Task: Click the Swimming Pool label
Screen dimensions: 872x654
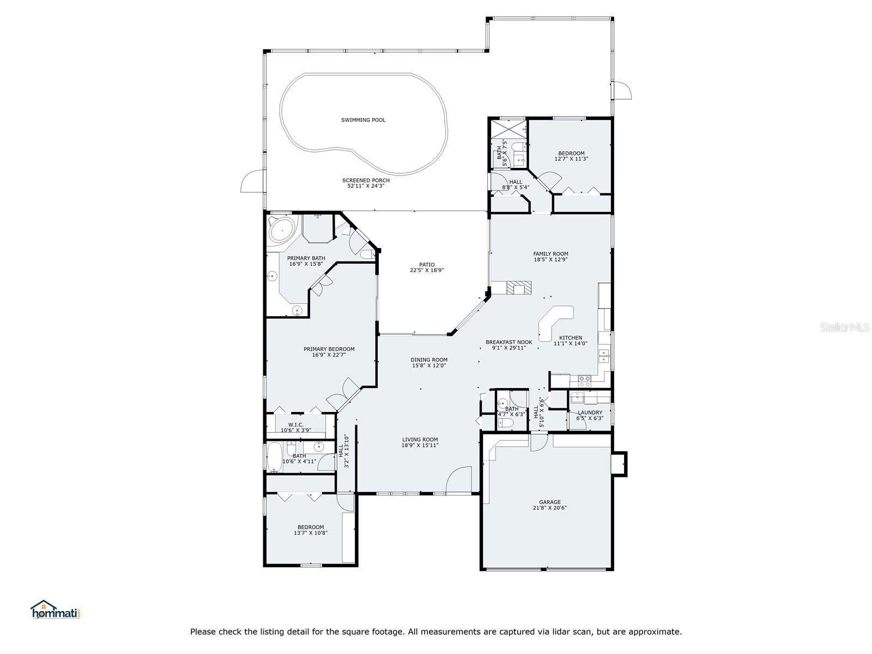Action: point(363,120)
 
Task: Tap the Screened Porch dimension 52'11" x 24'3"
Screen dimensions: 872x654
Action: point(366,186)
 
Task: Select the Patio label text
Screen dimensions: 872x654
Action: point(427,264)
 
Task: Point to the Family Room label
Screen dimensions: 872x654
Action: point(550,254)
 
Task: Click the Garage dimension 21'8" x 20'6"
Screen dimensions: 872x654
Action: point(550,507)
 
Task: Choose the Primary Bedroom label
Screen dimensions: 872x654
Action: point(329,349)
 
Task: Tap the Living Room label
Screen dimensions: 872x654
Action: point(420,440)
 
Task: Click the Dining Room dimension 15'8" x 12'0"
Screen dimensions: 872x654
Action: point(429,365)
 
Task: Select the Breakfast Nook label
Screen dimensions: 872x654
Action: point(509,342)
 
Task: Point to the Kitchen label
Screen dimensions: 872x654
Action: point(571,337)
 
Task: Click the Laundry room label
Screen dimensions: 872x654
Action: point(590,413)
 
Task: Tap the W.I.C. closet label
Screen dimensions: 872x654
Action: point(296,425)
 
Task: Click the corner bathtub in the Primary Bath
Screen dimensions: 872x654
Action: point(281,229)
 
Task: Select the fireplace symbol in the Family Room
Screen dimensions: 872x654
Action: point(518,288)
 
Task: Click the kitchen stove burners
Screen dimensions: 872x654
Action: point(584,381)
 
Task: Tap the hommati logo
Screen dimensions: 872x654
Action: point(56,609)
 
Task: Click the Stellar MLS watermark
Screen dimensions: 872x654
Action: point(845,327)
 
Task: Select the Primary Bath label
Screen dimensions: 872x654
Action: point(306,258)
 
